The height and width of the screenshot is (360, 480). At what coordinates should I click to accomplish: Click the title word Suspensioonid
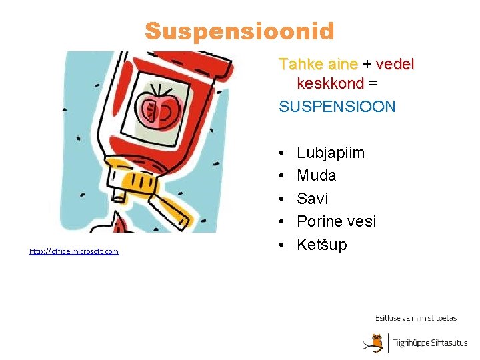[x=239, y=31]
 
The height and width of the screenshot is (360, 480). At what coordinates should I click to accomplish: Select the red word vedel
[x=395, y=65]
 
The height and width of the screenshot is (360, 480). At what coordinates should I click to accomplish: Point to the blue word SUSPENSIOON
[x=337, y=107]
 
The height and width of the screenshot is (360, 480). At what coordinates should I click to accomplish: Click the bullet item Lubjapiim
[x=330, y=153]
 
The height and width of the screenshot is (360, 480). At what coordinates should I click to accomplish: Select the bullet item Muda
[x=316, y=176]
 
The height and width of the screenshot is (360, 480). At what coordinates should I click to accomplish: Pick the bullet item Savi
[x=312, y=199]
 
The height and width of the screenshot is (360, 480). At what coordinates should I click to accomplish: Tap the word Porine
[x=319, y=221]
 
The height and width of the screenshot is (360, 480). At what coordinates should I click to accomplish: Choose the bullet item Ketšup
[x=321, y=245]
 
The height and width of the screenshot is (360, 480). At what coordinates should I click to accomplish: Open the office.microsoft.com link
[x=74, y=251]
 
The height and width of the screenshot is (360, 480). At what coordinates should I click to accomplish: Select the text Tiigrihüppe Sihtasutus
[x=429, y=343]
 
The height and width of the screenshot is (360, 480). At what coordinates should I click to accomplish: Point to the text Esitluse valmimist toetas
[x=415, y=318]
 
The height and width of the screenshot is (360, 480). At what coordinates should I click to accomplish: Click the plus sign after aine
[x=367, y=65]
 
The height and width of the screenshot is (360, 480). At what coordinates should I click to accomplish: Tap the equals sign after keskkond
[x=373, y=85]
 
